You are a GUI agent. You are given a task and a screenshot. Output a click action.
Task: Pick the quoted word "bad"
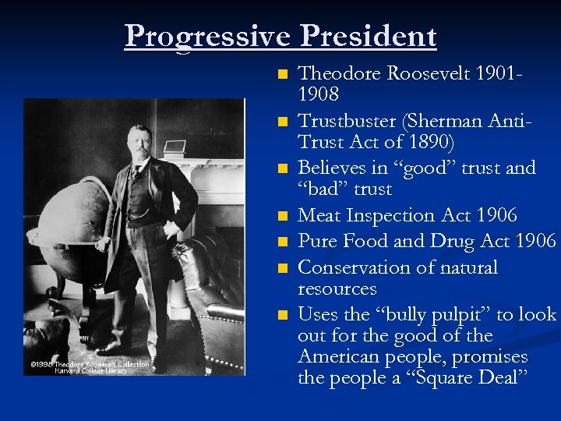pos(323,189)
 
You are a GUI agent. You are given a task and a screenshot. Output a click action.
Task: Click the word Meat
pos(320,215)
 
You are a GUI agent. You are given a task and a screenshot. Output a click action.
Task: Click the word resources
pos(337,288)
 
